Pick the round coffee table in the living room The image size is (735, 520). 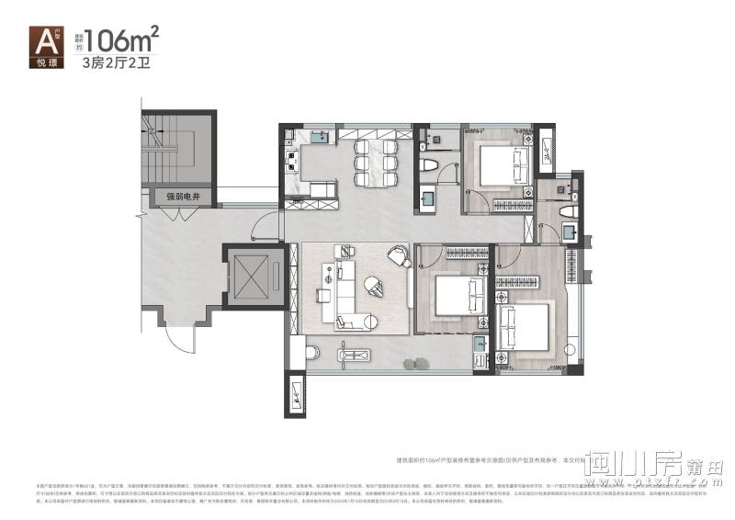click(373, 284)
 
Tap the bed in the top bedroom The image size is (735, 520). click(496, 164)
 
